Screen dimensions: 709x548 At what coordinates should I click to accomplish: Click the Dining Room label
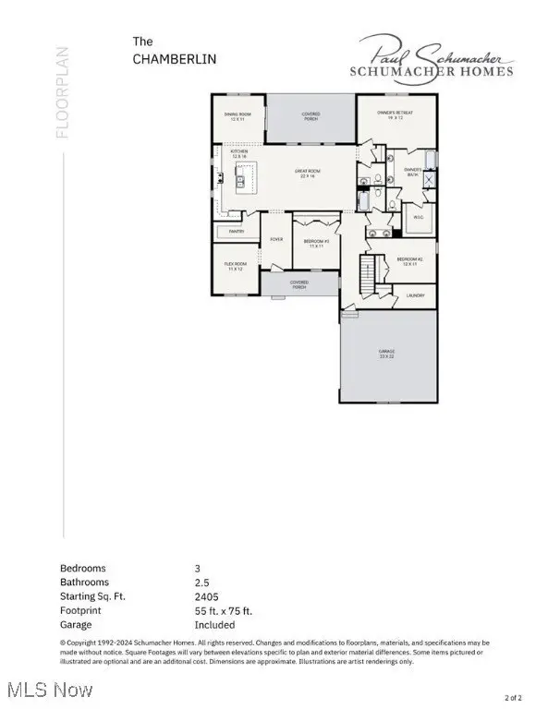pyautogui.click(x=237, y=117)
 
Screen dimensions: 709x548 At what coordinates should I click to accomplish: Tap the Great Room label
pyautogui.click(x=307, y=173)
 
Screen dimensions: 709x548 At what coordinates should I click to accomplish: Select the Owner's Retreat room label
pyautogui.click(x=395, y=114)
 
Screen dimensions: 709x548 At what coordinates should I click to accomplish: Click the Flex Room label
pyautogui.click(x=234, y=267)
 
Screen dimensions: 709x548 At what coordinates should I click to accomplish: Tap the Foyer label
pyautogui.click(x=276, y=240)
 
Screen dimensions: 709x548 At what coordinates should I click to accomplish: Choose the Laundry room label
pyautogui.click(x=415, y=295)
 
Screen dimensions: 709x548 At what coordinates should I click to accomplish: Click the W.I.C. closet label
pyautogui.click(x=417, y=217)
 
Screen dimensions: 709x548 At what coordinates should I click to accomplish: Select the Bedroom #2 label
pyautogui.click(x=410, y=261)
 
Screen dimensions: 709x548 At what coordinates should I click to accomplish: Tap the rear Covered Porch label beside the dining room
pyautogui.click(x=311, y=117)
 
